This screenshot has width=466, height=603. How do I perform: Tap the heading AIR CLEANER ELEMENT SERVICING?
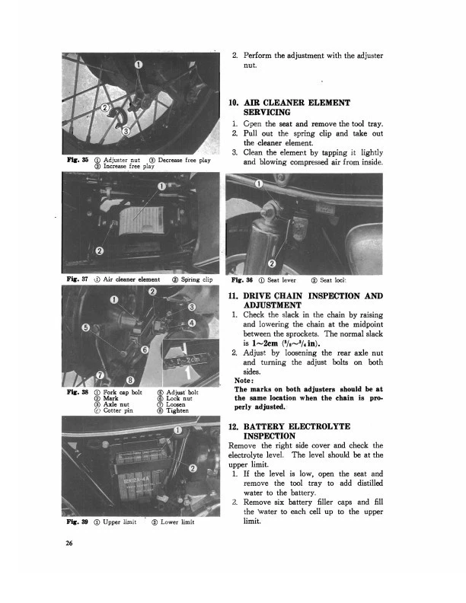(x=289, y=107)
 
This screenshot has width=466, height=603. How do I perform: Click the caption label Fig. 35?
(x=73, y=161)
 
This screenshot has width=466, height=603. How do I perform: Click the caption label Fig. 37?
(x=73, y=279)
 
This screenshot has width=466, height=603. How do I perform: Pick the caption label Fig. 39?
(x=73, y=522)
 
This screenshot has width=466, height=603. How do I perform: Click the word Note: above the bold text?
(x=244, y=381)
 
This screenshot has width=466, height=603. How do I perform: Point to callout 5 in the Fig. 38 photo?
(x=88, y=327)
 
